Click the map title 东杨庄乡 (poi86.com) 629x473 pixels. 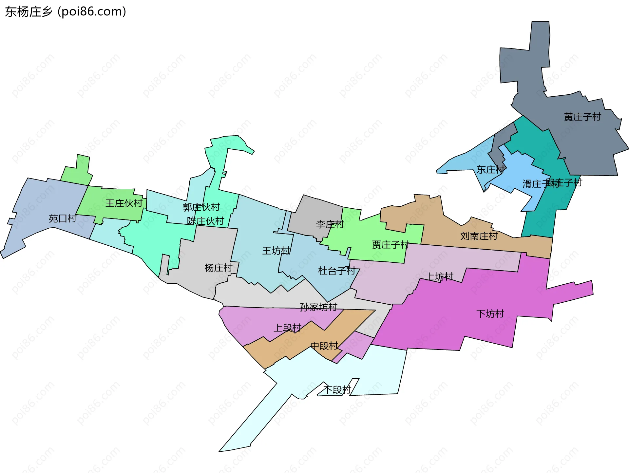[66, 12]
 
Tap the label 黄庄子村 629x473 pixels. [582, 117]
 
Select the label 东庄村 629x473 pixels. [490, 170]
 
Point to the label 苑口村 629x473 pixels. [63, 218]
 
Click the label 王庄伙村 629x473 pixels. [124, 203]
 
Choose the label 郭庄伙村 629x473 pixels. [201, 207]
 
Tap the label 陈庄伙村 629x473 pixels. [205, 221]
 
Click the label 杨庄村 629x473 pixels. [218, 268]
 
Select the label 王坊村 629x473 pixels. [276, 251]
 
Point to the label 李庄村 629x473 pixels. [330, 224]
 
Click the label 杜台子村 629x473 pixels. [337, 271]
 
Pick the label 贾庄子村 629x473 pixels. [391, 245]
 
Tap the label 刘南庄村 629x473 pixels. [479, 236]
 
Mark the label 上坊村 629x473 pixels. [440, 276]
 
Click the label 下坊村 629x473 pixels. [490, 314]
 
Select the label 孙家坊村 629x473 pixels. [318, 307]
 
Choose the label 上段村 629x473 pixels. [287, 328]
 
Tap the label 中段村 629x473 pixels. [324, 346]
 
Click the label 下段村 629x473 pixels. [337, 390]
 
